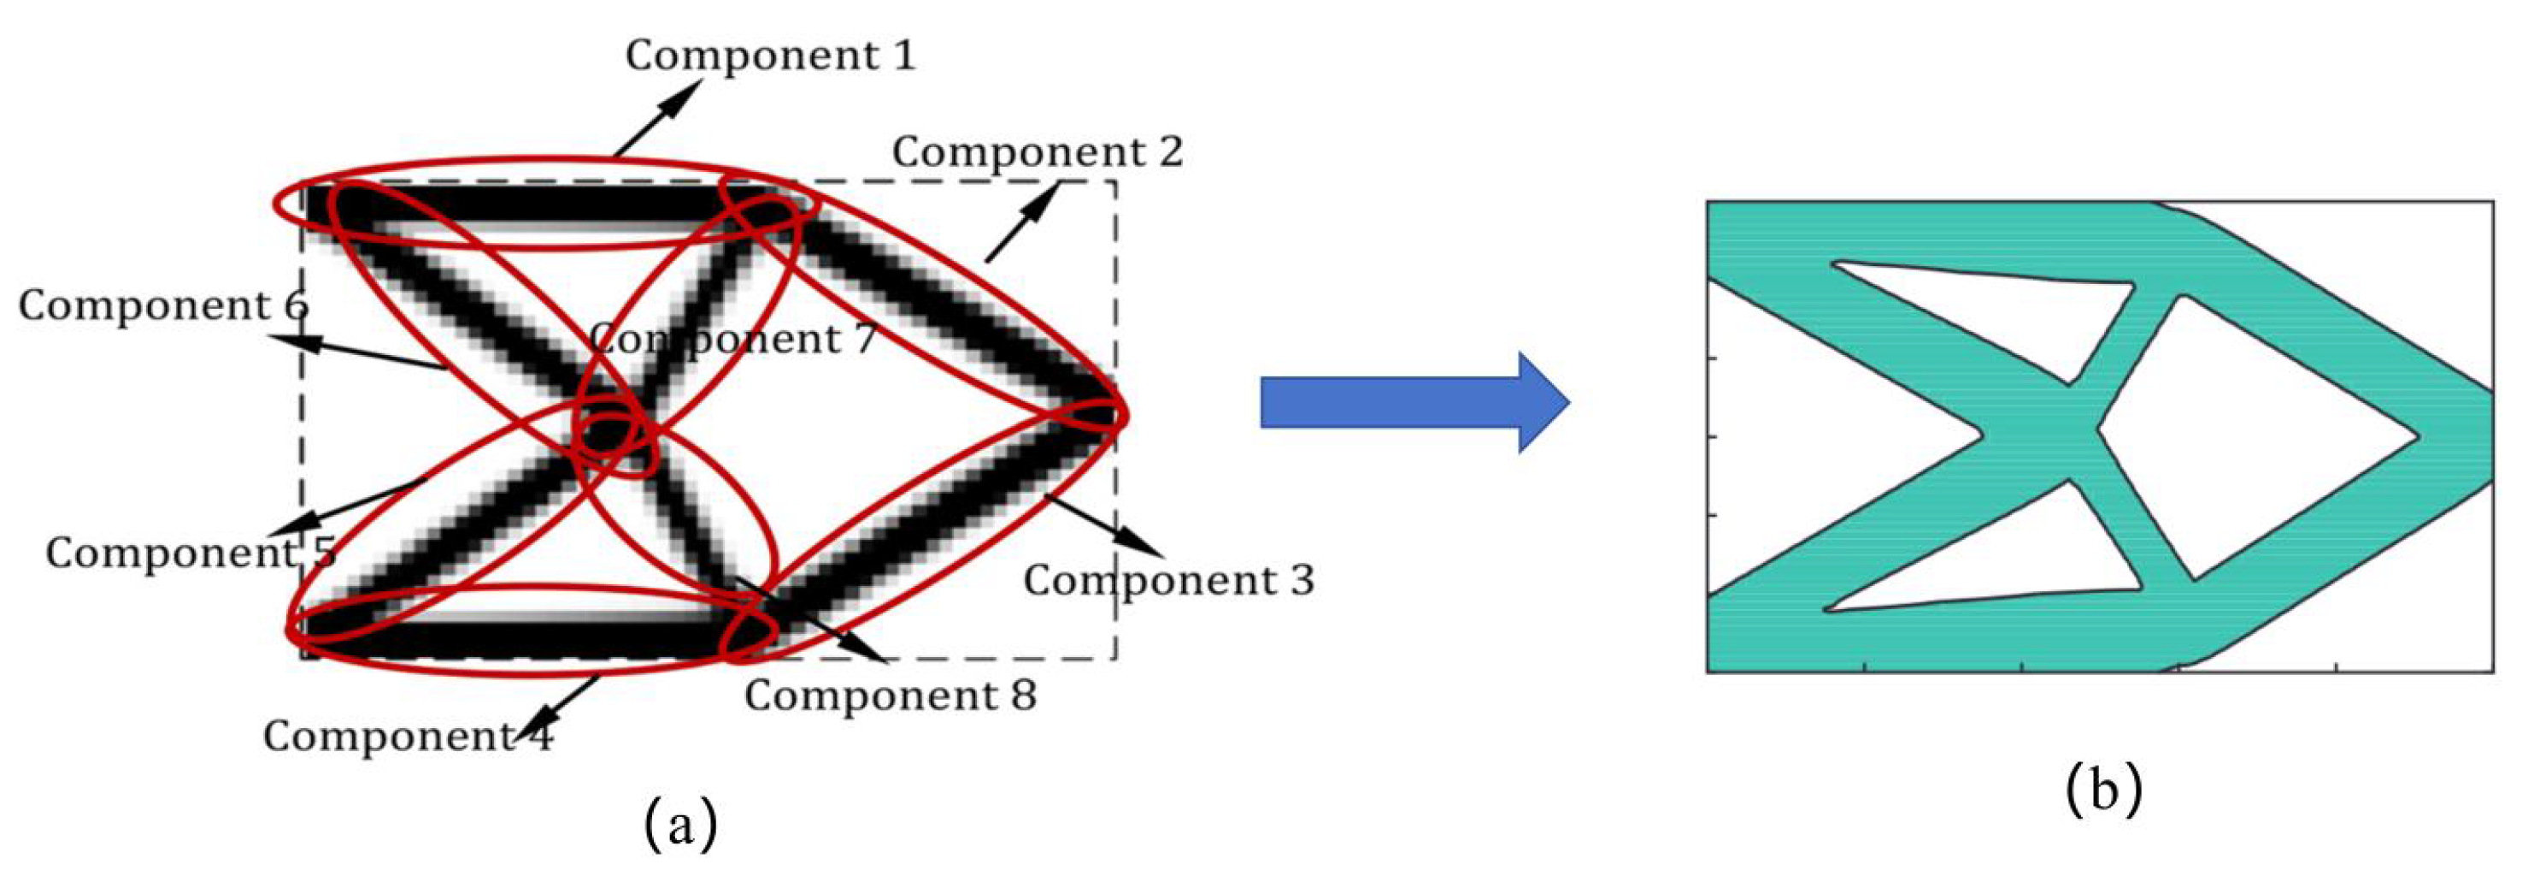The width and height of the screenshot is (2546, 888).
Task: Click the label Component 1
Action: tap(770, 56)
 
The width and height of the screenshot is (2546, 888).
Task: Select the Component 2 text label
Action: tap(1037, 152)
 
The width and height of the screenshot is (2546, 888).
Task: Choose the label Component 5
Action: tap(191, 552)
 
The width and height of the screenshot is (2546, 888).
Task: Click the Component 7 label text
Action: tap(732, 339)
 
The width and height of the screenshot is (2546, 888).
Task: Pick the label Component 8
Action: tap(891, 696)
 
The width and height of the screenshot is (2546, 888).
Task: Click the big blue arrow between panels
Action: tap(1414, 402)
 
